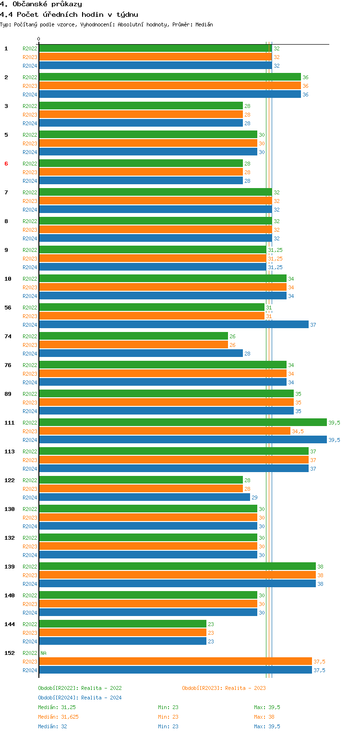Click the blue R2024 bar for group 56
(x=173, y=325)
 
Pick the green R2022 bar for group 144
(x=122, y=624)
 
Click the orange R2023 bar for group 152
(x=175, y=662)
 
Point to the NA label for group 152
(x=44, y=653)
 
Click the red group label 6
(x=6, y=164)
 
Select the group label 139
(x=10, y=567)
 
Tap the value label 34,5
(x=298, y=431)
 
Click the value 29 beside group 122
(x=255, y=498)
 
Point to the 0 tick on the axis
(x=39, y=39)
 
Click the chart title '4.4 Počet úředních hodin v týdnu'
(x=69, y=14)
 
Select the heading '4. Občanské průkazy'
(x=41, y=4)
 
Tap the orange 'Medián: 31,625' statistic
(x=58, y=717)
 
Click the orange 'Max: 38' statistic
(x=264, y=717)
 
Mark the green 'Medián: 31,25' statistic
(x=57, y=707)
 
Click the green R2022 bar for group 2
(x=169, y=77)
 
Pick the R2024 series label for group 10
(x=30, y=296)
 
